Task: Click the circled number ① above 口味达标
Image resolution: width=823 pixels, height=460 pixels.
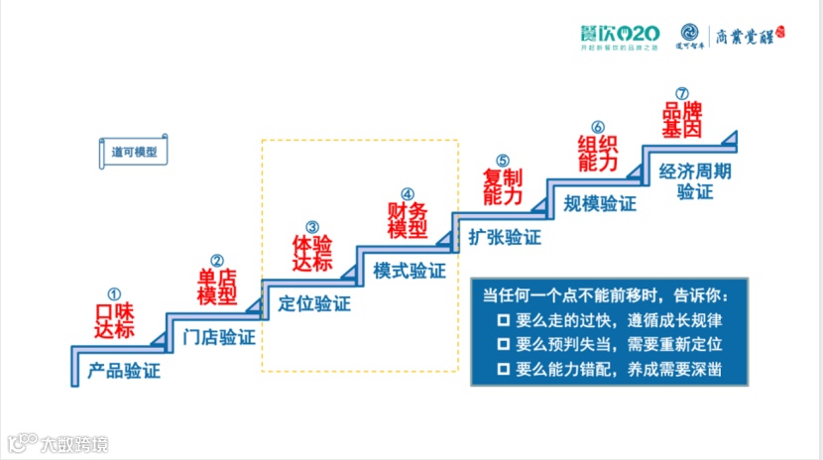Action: tap(114, 294)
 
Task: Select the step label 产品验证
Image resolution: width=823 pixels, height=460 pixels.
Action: tap(124, 372)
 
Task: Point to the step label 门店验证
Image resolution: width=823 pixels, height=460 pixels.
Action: tap(219, 336)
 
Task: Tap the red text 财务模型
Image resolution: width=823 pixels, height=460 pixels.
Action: tap(407, 220)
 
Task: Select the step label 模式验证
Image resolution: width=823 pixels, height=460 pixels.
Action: tap(410, 270)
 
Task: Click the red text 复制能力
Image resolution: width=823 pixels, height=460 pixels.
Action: tap(502, 186)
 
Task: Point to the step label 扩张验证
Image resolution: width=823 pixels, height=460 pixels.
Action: tap(505, 237)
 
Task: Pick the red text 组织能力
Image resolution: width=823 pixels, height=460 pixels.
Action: tap(597, 152)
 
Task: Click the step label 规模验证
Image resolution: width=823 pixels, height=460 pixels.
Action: tap(600, 204)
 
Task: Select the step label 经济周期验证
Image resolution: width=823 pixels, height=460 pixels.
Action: tap(695, 180)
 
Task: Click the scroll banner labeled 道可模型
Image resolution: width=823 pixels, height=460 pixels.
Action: tap(133, 152)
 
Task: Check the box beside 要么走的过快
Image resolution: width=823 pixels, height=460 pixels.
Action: tap(504, 321)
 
